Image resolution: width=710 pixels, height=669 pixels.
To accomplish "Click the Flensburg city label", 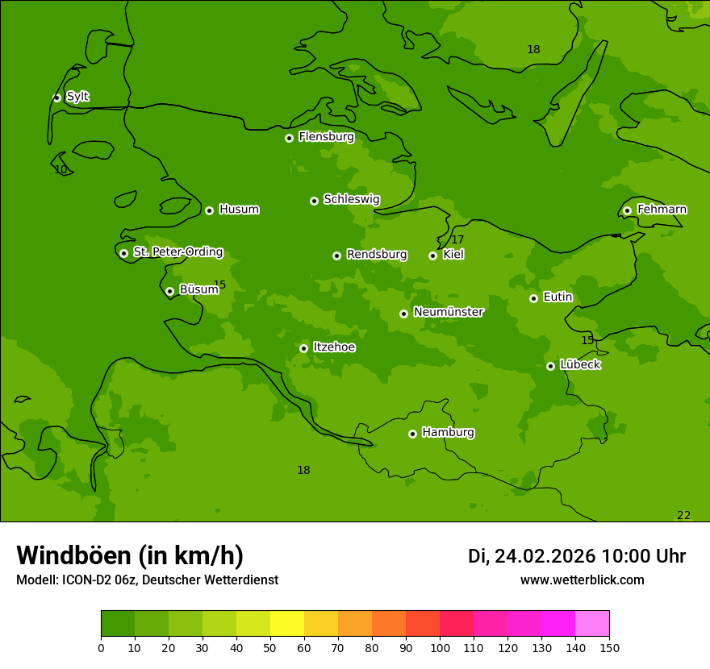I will (x=326, y=137).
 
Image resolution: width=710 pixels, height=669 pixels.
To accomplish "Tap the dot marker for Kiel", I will (x=432, y=256).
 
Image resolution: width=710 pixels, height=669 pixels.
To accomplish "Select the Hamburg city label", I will (x=448, y=433).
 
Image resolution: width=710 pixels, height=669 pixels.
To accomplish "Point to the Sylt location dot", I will (x=56, y=98).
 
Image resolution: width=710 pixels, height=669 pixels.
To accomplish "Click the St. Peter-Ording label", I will (x=177, y=252).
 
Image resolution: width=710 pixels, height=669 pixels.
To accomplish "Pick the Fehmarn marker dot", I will (x=627, y=210).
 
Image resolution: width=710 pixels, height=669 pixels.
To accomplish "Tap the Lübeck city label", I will (x=579, y=365).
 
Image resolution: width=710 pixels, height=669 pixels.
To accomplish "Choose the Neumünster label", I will (x=448, y=312).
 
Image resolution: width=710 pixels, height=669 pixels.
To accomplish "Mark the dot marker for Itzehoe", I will (x=303, y=348).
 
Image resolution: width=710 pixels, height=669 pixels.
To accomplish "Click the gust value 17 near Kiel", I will (x=457, y=239).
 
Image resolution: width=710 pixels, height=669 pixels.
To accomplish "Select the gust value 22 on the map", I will (x=683, y=515).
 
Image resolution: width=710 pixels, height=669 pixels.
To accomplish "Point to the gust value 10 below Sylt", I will (x=61, y=169).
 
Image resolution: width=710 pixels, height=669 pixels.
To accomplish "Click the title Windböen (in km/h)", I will (x=130, y=555).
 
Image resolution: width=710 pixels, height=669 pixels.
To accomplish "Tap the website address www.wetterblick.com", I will (x=582, y=580).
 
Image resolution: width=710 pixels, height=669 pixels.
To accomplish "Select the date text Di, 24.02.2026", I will (x=532, y=556).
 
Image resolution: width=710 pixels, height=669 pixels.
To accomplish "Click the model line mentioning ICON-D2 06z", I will (x=147, y=580).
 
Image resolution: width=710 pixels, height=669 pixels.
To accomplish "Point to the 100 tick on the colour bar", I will (x=440, y=647).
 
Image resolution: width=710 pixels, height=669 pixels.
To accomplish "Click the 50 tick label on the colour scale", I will (x=270, y=647).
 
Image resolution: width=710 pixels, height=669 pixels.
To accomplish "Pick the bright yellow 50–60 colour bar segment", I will (x=287, y=624).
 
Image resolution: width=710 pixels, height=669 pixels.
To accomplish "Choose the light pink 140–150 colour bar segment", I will (x=592, y=624).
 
